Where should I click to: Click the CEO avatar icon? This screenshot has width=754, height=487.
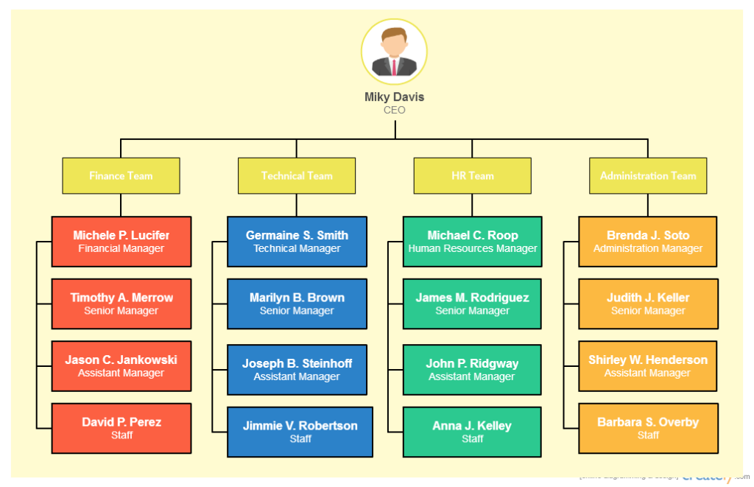394,52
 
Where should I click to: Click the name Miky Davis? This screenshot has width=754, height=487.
394,97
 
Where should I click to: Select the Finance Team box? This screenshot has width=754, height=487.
121,175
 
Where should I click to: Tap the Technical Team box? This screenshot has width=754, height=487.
297,175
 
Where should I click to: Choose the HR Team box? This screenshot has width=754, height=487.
472,175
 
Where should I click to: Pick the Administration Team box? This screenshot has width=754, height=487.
648,175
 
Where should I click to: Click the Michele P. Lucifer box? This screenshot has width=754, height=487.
121,242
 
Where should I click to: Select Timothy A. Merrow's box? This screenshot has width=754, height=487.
121,304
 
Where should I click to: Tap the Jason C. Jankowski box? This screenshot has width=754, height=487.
121,366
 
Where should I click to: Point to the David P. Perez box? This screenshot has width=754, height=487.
121,428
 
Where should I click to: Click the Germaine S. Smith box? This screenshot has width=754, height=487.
297,242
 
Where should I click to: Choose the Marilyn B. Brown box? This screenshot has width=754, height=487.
297,304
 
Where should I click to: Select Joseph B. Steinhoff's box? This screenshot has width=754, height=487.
297,370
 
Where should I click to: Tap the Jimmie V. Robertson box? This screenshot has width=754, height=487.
300,432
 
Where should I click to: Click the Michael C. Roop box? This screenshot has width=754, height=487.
472,242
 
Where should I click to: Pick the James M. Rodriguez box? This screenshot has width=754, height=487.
472,304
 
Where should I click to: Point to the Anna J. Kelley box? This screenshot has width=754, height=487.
472,432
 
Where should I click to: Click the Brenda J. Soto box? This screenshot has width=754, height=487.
648,242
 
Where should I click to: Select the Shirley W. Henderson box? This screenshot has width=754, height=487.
648,366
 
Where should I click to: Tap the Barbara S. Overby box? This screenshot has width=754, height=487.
648,428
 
